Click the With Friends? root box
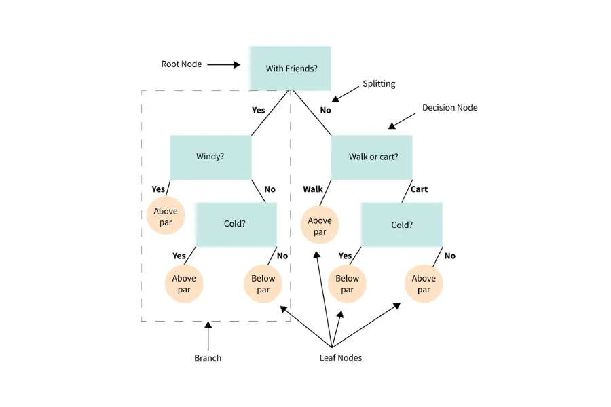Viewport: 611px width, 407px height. (290, 68)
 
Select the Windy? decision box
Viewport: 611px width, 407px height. (210, 156)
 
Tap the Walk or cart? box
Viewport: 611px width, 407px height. (372, 157)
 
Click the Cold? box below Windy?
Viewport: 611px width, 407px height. (236, 223)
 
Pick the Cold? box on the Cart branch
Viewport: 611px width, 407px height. (402, 225)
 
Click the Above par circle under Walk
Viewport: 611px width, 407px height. (320, 226)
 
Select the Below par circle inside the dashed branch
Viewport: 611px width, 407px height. (263, 284)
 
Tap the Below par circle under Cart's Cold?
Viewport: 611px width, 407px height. (347, 284)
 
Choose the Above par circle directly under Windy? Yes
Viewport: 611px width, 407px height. (165, 216)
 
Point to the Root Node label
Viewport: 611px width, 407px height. (181, 64)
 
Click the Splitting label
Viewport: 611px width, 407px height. (379, 84)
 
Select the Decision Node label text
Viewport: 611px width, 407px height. (449, 107)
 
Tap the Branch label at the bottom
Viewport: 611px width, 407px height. (208, 357)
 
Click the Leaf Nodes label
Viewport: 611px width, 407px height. (341, 357)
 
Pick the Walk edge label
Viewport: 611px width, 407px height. (313, 189)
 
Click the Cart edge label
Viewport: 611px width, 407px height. (419, 189)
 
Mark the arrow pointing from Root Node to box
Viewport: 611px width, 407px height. (224, 65)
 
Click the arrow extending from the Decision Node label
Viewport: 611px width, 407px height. (401, 121)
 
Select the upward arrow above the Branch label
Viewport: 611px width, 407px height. (208, 335)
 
